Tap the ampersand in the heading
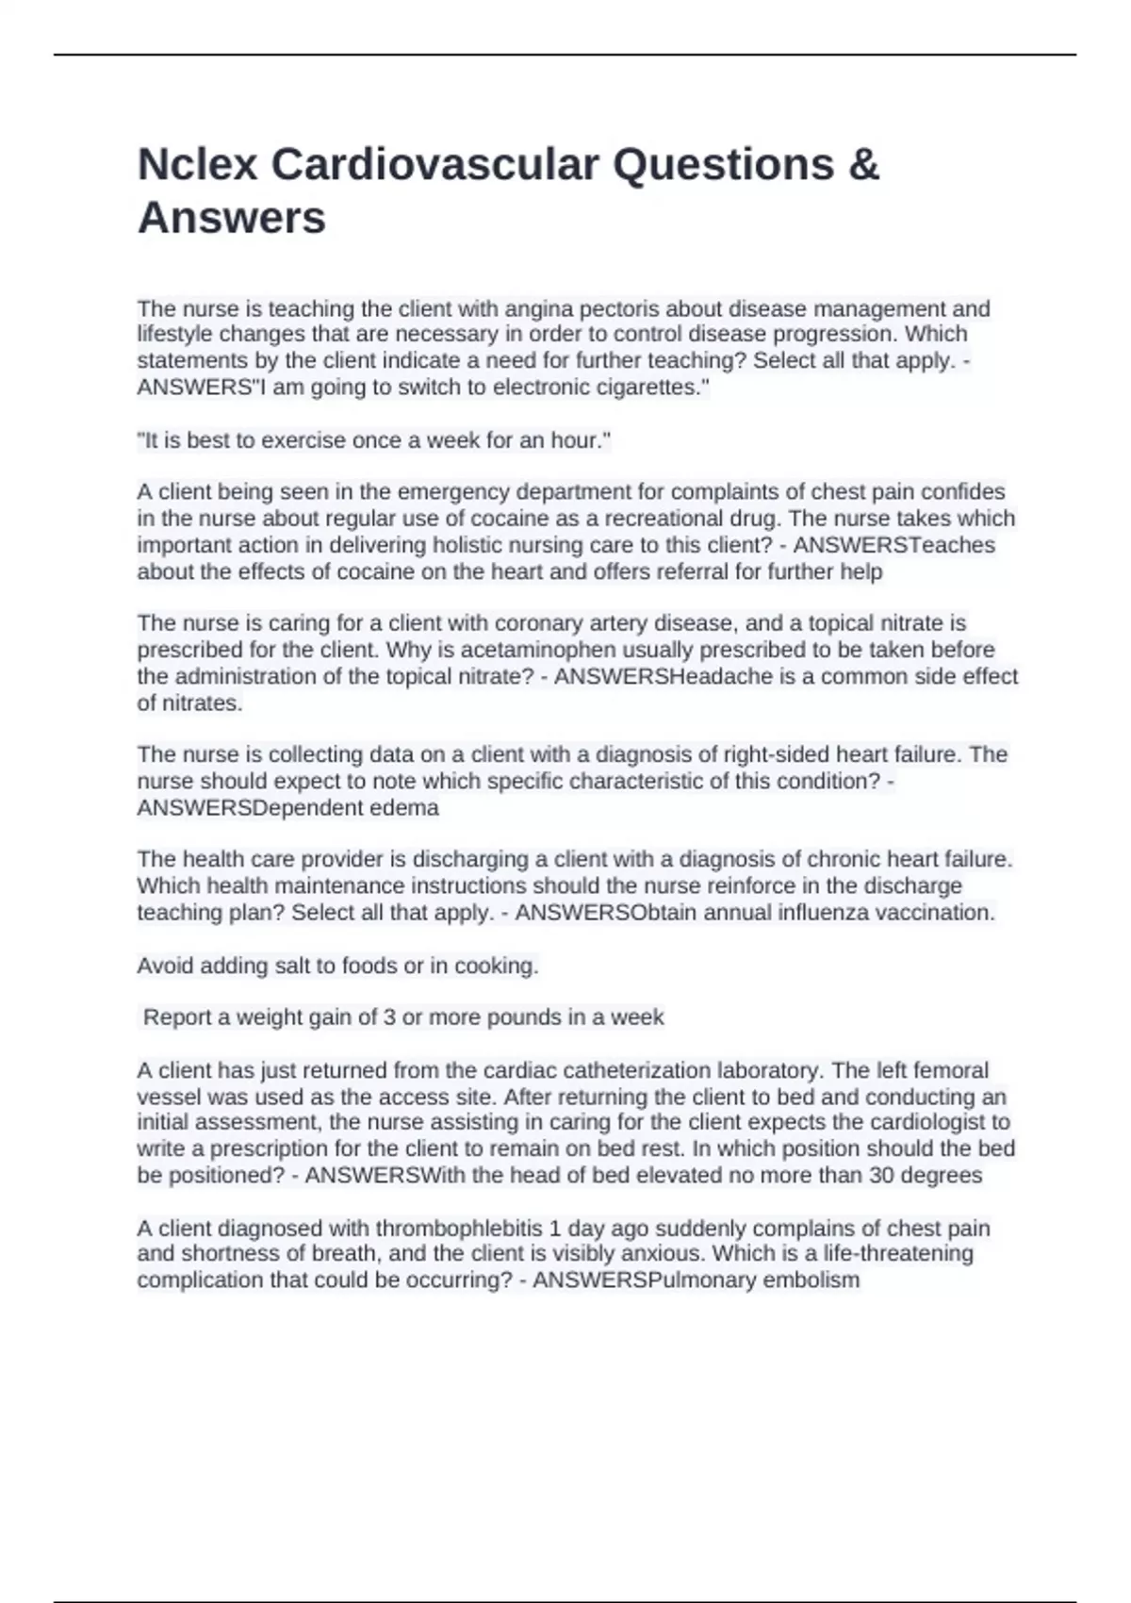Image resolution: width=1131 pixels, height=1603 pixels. [x=863, y=165]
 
